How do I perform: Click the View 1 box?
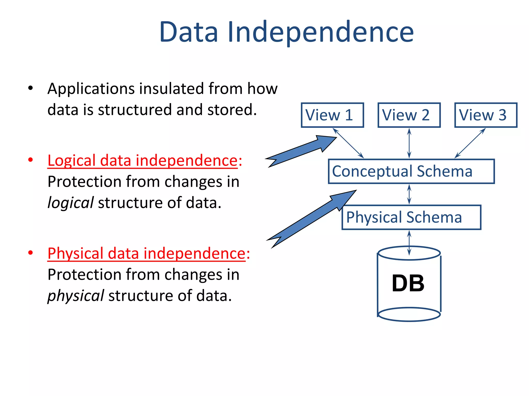tap(332, 115)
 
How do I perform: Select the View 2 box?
tap(409, 115)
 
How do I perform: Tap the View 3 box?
tap(486, 115)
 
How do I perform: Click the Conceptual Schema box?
tap(411, 171)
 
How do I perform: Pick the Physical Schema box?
tap(411, 217)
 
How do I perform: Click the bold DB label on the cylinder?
tap(408, 283)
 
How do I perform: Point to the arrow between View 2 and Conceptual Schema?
tap(409, 143)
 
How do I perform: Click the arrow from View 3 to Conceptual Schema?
tap(470, 143)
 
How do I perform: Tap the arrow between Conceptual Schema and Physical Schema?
tap(409, 194)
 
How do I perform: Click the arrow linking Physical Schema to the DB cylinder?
tap(409, 242)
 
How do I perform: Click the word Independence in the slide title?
tap(320, 32)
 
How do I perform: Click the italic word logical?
tap(71, 203)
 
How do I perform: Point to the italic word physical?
tap(76, 295)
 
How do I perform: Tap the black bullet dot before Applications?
tap(30, 88)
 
